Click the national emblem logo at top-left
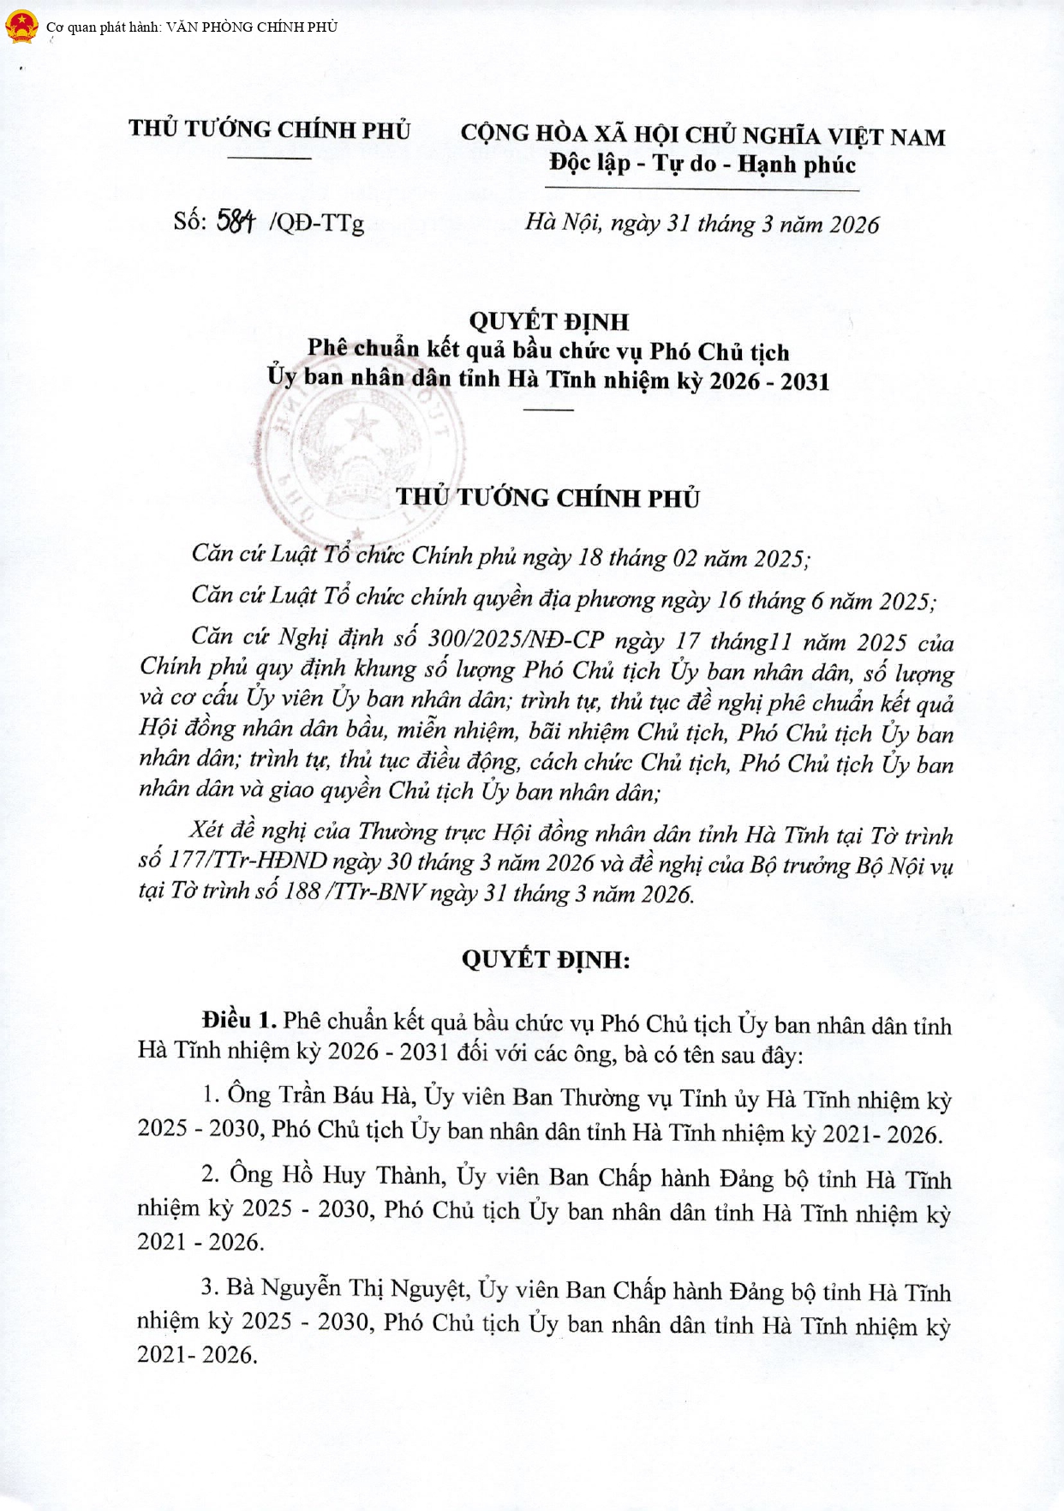[x=21, y=27]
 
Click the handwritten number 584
[x=236, y=221]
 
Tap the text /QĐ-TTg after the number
[x=316, y=223]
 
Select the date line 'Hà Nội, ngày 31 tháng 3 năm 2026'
[x=702, y=224]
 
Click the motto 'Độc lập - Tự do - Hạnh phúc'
[x=702, y=163]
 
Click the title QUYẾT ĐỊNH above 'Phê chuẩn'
[x=548, y=321]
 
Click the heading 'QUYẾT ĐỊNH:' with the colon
[x=546, y=959]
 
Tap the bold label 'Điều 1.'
[x=239, y=1020]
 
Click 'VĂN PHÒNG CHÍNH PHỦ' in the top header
[x=251, y=27]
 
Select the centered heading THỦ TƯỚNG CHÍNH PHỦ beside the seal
[x=548, y=498]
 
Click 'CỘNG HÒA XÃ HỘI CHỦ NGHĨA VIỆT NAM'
[x=702, y=135]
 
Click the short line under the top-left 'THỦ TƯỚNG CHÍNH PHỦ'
[x=270, y=158]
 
